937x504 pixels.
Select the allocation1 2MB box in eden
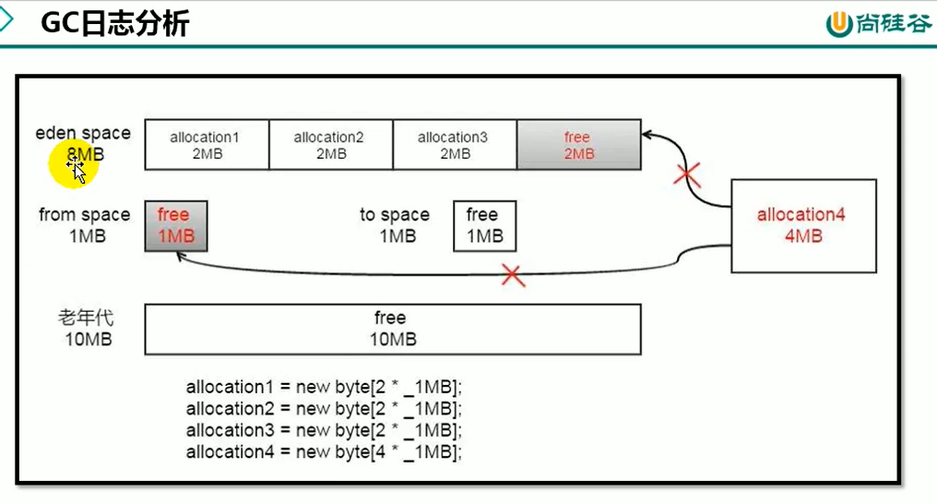205,145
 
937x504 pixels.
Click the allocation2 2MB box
329,145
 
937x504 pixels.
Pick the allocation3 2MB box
453,145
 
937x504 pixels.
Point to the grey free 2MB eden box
578,145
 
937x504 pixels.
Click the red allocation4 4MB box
802,225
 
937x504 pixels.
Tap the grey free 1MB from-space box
175,225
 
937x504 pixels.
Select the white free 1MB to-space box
484,225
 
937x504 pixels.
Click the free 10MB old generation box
392,330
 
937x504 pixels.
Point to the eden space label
83,134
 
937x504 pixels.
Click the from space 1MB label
85,225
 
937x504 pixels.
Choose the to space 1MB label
395,225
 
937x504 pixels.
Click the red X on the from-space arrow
513,275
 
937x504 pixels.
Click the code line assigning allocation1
323,387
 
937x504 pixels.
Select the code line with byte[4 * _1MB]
323,451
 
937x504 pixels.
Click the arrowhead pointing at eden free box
647,134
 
